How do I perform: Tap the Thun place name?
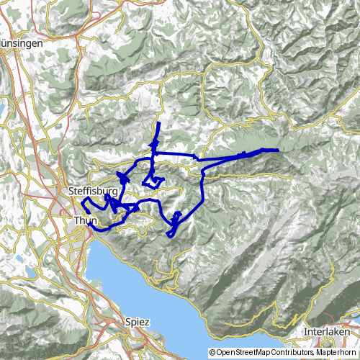(84, 220)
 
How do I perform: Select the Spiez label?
(137, 323)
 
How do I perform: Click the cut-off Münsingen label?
(21, 43)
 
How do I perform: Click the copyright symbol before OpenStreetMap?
(212, 353)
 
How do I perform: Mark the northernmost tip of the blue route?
(158, 124)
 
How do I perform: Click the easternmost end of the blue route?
(277, 149)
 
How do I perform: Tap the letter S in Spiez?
(127, 323)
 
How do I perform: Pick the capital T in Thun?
(76, 220)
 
